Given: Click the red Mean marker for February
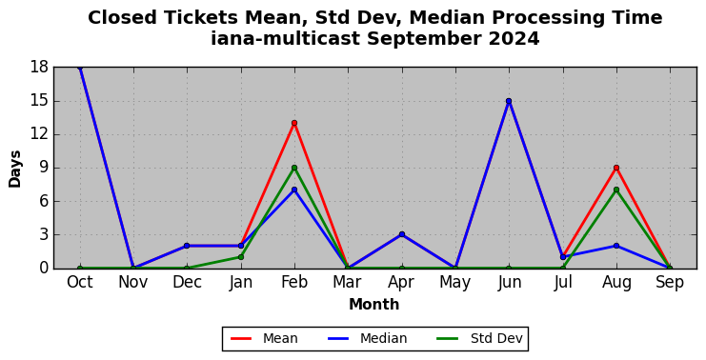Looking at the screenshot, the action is [294, 123].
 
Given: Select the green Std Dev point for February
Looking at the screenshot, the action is [294, 168].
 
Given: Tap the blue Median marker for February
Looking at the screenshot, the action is [294, 190].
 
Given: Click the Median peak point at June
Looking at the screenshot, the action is [509, 101].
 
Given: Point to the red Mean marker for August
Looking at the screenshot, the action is [616, 168].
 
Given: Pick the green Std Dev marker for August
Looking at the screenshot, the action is [616, 190].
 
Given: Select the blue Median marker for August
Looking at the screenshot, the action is [616, 246].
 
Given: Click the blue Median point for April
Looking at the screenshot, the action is [402, 234].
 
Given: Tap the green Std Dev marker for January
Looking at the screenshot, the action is [241, 257].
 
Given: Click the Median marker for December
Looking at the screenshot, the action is [187, 246].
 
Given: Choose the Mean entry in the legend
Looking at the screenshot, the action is [264, 338].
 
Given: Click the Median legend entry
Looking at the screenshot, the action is [365, 338].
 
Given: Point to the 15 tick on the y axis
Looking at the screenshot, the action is [39, 101].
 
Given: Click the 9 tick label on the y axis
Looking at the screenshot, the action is [44, 168].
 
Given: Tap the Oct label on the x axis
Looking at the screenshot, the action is [80, 283].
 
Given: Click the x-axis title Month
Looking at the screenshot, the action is [374, 305].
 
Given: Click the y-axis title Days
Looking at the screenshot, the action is [15, 169].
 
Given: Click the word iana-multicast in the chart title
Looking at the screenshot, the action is [285, 39].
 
